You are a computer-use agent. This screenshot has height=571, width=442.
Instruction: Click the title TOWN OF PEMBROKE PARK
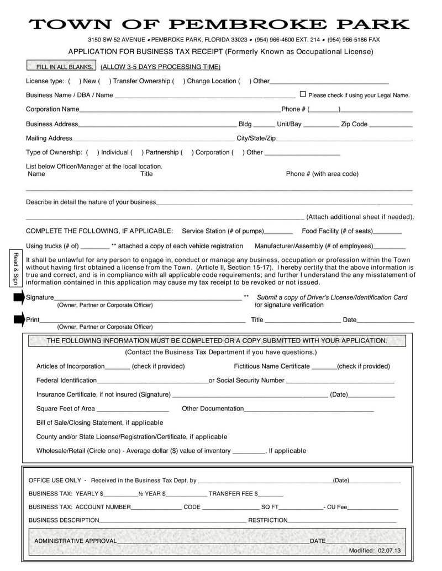coord(219,24)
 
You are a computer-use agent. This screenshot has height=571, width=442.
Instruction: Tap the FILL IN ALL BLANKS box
coord(62,67)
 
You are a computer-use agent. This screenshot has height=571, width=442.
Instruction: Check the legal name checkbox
coord(302,94)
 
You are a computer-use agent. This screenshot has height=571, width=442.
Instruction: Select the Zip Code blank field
coord(391,125)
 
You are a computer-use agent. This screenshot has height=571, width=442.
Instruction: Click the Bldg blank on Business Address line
coord(264,125)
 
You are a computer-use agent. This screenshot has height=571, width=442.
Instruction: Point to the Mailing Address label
coord(49,138)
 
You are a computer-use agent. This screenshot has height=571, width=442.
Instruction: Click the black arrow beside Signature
coord(19,298)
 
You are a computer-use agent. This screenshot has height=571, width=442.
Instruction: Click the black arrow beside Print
coord(19,319)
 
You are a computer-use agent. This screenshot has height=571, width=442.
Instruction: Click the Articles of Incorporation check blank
coord(117,367)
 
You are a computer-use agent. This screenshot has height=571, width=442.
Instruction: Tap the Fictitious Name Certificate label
coord(272,366)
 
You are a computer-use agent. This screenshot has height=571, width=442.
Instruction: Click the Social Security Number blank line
coord(340,382)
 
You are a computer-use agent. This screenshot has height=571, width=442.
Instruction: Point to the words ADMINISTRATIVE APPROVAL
coord(76,541)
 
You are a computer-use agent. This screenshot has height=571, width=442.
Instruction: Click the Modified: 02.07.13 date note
coord(374,551)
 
